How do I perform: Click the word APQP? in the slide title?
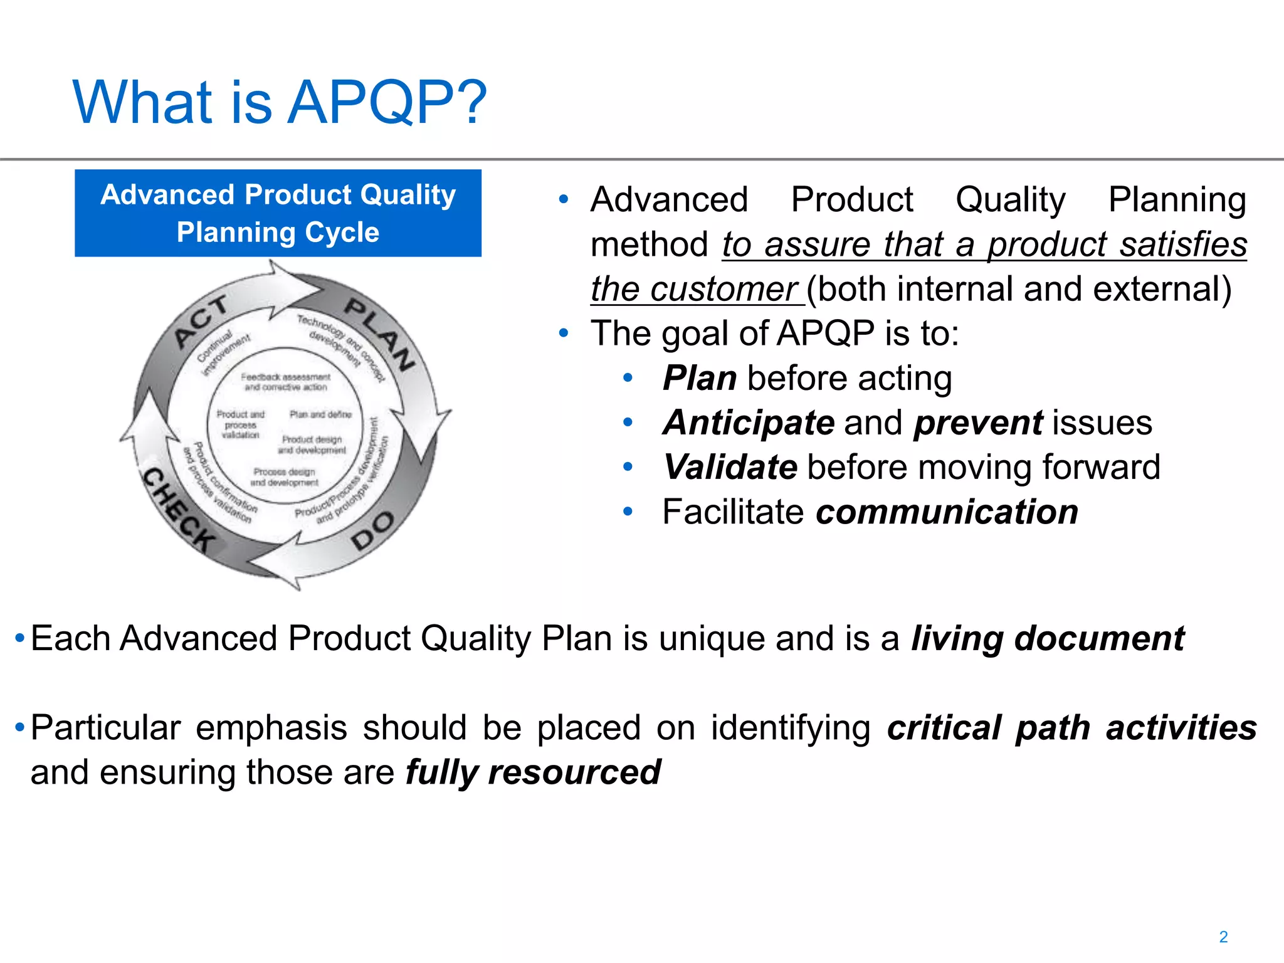387,102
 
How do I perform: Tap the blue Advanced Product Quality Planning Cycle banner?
278,213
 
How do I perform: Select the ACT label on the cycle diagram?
201,320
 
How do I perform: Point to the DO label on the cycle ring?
372,530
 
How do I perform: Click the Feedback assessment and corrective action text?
285,382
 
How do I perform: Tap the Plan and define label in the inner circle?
320,414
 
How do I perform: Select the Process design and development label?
284,477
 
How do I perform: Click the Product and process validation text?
240,424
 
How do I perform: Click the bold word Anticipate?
749,423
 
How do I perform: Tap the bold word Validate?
730,468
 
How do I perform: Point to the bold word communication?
947,512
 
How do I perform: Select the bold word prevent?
978,423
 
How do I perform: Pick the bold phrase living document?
1047,639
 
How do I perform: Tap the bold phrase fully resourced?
533,772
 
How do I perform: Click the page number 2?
1223,937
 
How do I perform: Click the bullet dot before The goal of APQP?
564,333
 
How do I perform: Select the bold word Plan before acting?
700,378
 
